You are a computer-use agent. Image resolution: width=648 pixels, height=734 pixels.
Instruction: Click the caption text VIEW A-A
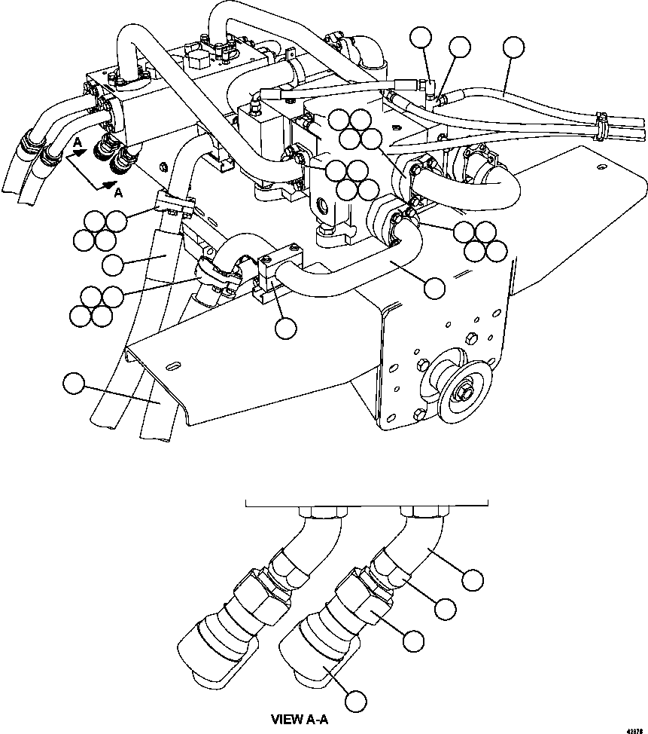click(x=299, y=720)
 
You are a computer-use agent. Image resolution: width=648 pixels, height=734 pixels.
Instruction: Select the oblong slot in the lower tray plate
click(x=172, y=366)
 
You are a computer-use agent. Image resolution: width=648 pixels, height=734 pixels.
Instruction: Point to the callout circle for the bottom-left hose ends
click(x=73, y=384)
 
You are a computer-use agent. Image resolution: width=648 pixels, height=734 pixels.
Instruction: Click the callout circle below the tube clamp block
click(x=285, y=327)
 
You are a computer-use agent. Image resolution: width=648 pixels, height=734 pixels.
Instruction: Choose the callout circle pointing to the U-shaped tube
click(x=434, y=286)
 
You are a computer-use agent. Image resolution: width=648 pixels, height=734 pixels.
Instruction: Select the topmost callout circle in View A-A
click(x=472, y=579)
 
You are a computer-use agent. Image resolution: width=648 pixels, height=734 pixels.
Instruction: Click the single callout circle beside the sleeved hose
click(x=112, y=264)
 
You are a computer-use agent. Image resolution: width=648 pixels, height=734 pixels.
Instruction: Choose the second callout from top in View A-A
click(x=445, y=608)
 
